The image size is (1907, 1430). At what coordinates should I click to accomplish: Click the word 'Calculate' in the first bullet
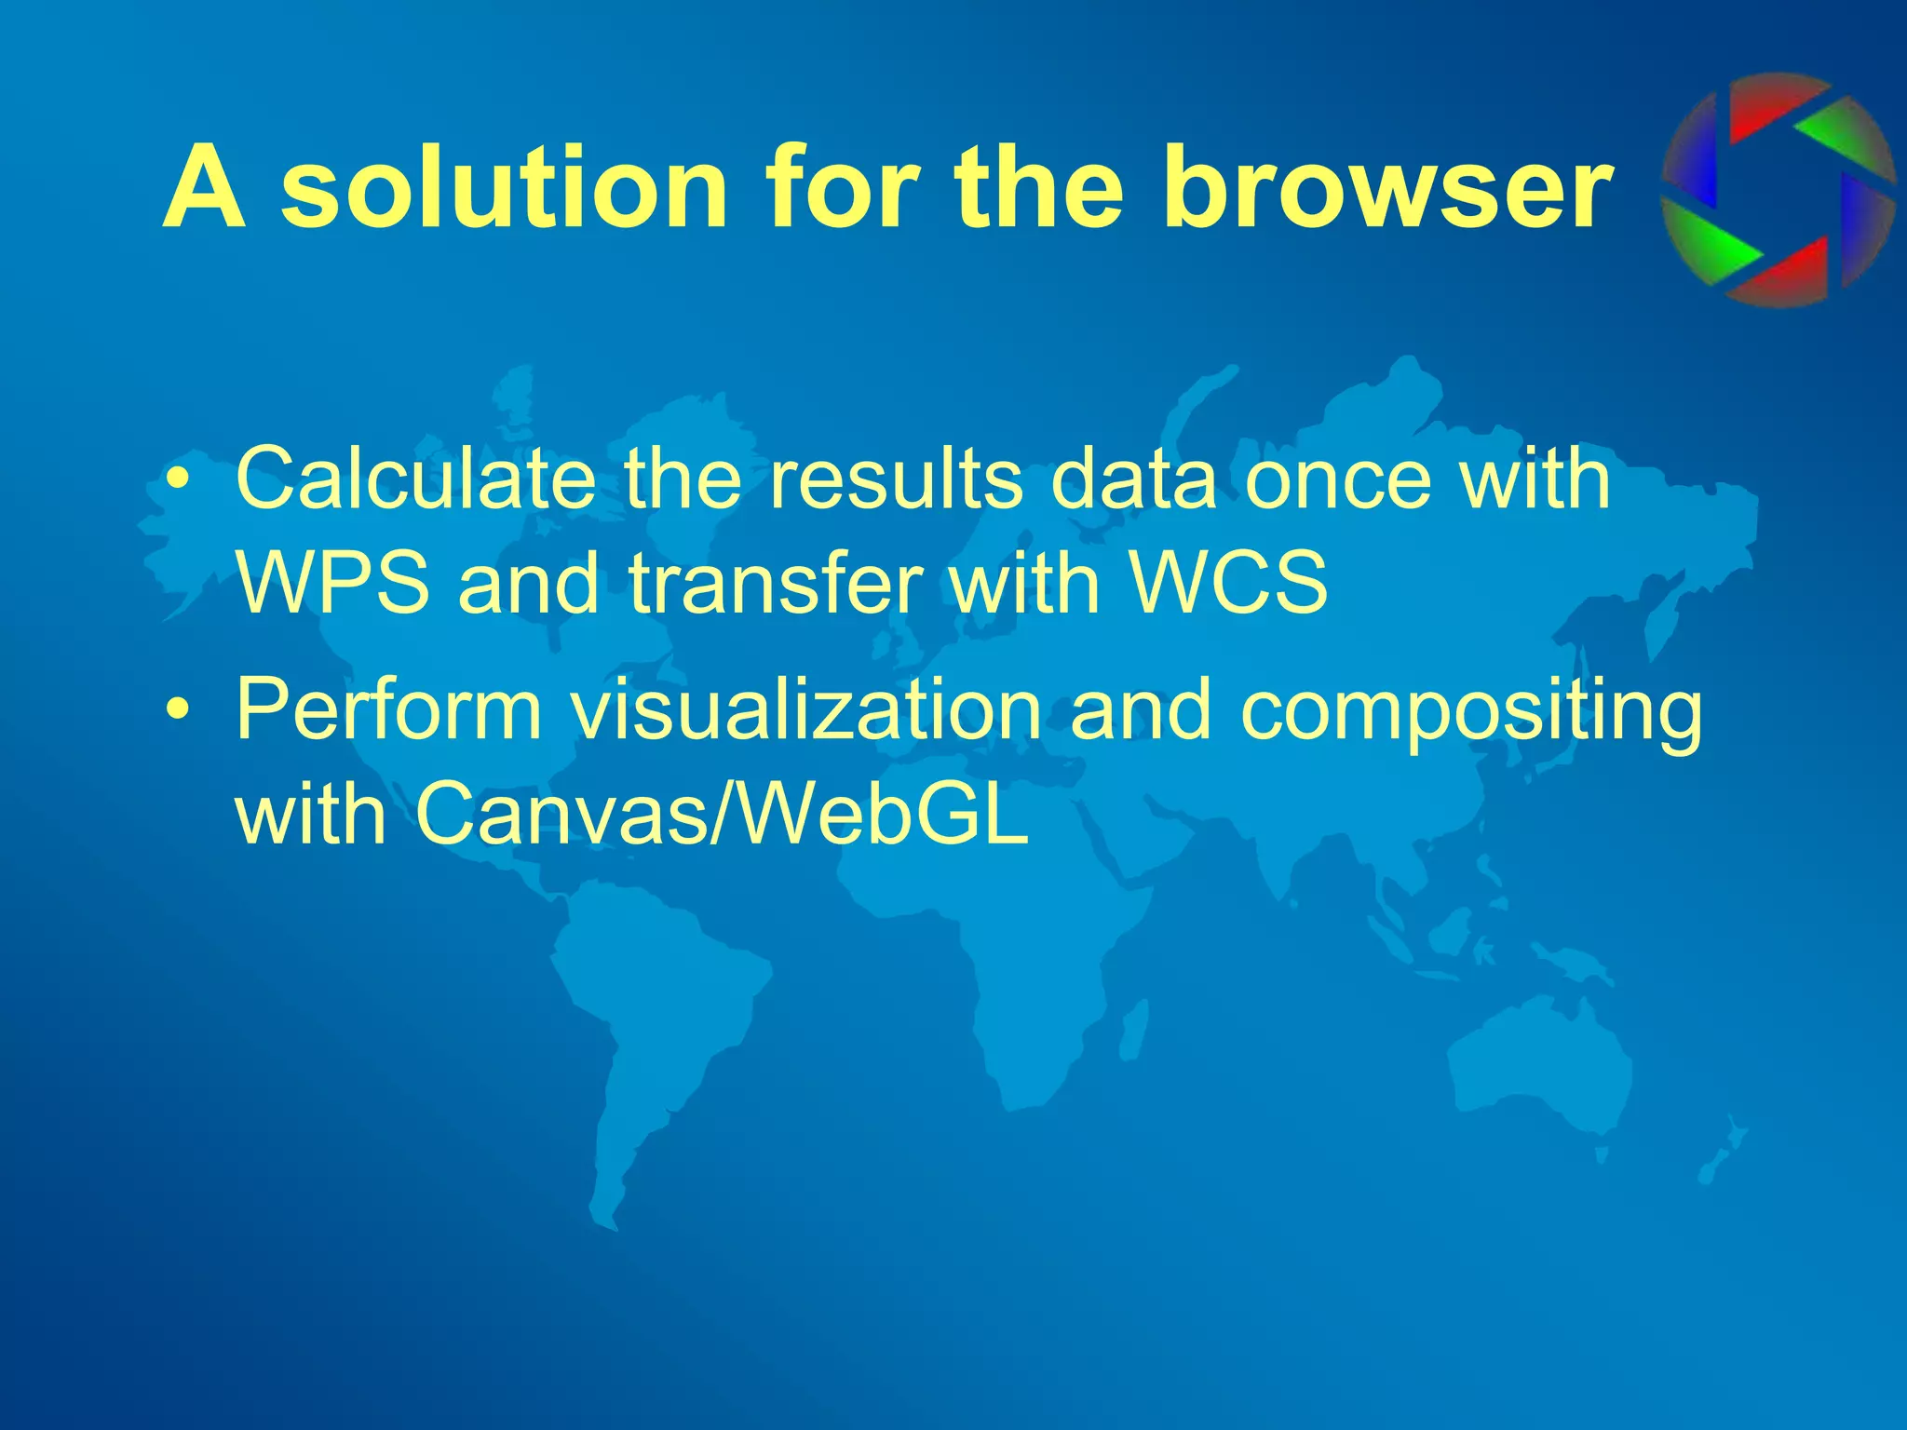point(415,479)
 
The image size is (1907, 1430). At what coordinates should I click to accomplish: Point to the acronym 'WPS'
point(333,584)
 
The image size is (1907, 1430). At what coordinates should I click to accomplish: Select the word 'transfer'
point(776,584)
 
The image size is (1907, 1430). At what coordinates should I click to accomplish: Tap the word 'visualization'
point(806,711)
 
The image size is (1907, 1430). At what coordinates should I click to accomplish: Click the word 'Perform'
point(389,711)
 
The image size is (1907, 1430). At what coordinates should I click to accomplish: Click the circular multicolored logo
point(1778,190)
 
